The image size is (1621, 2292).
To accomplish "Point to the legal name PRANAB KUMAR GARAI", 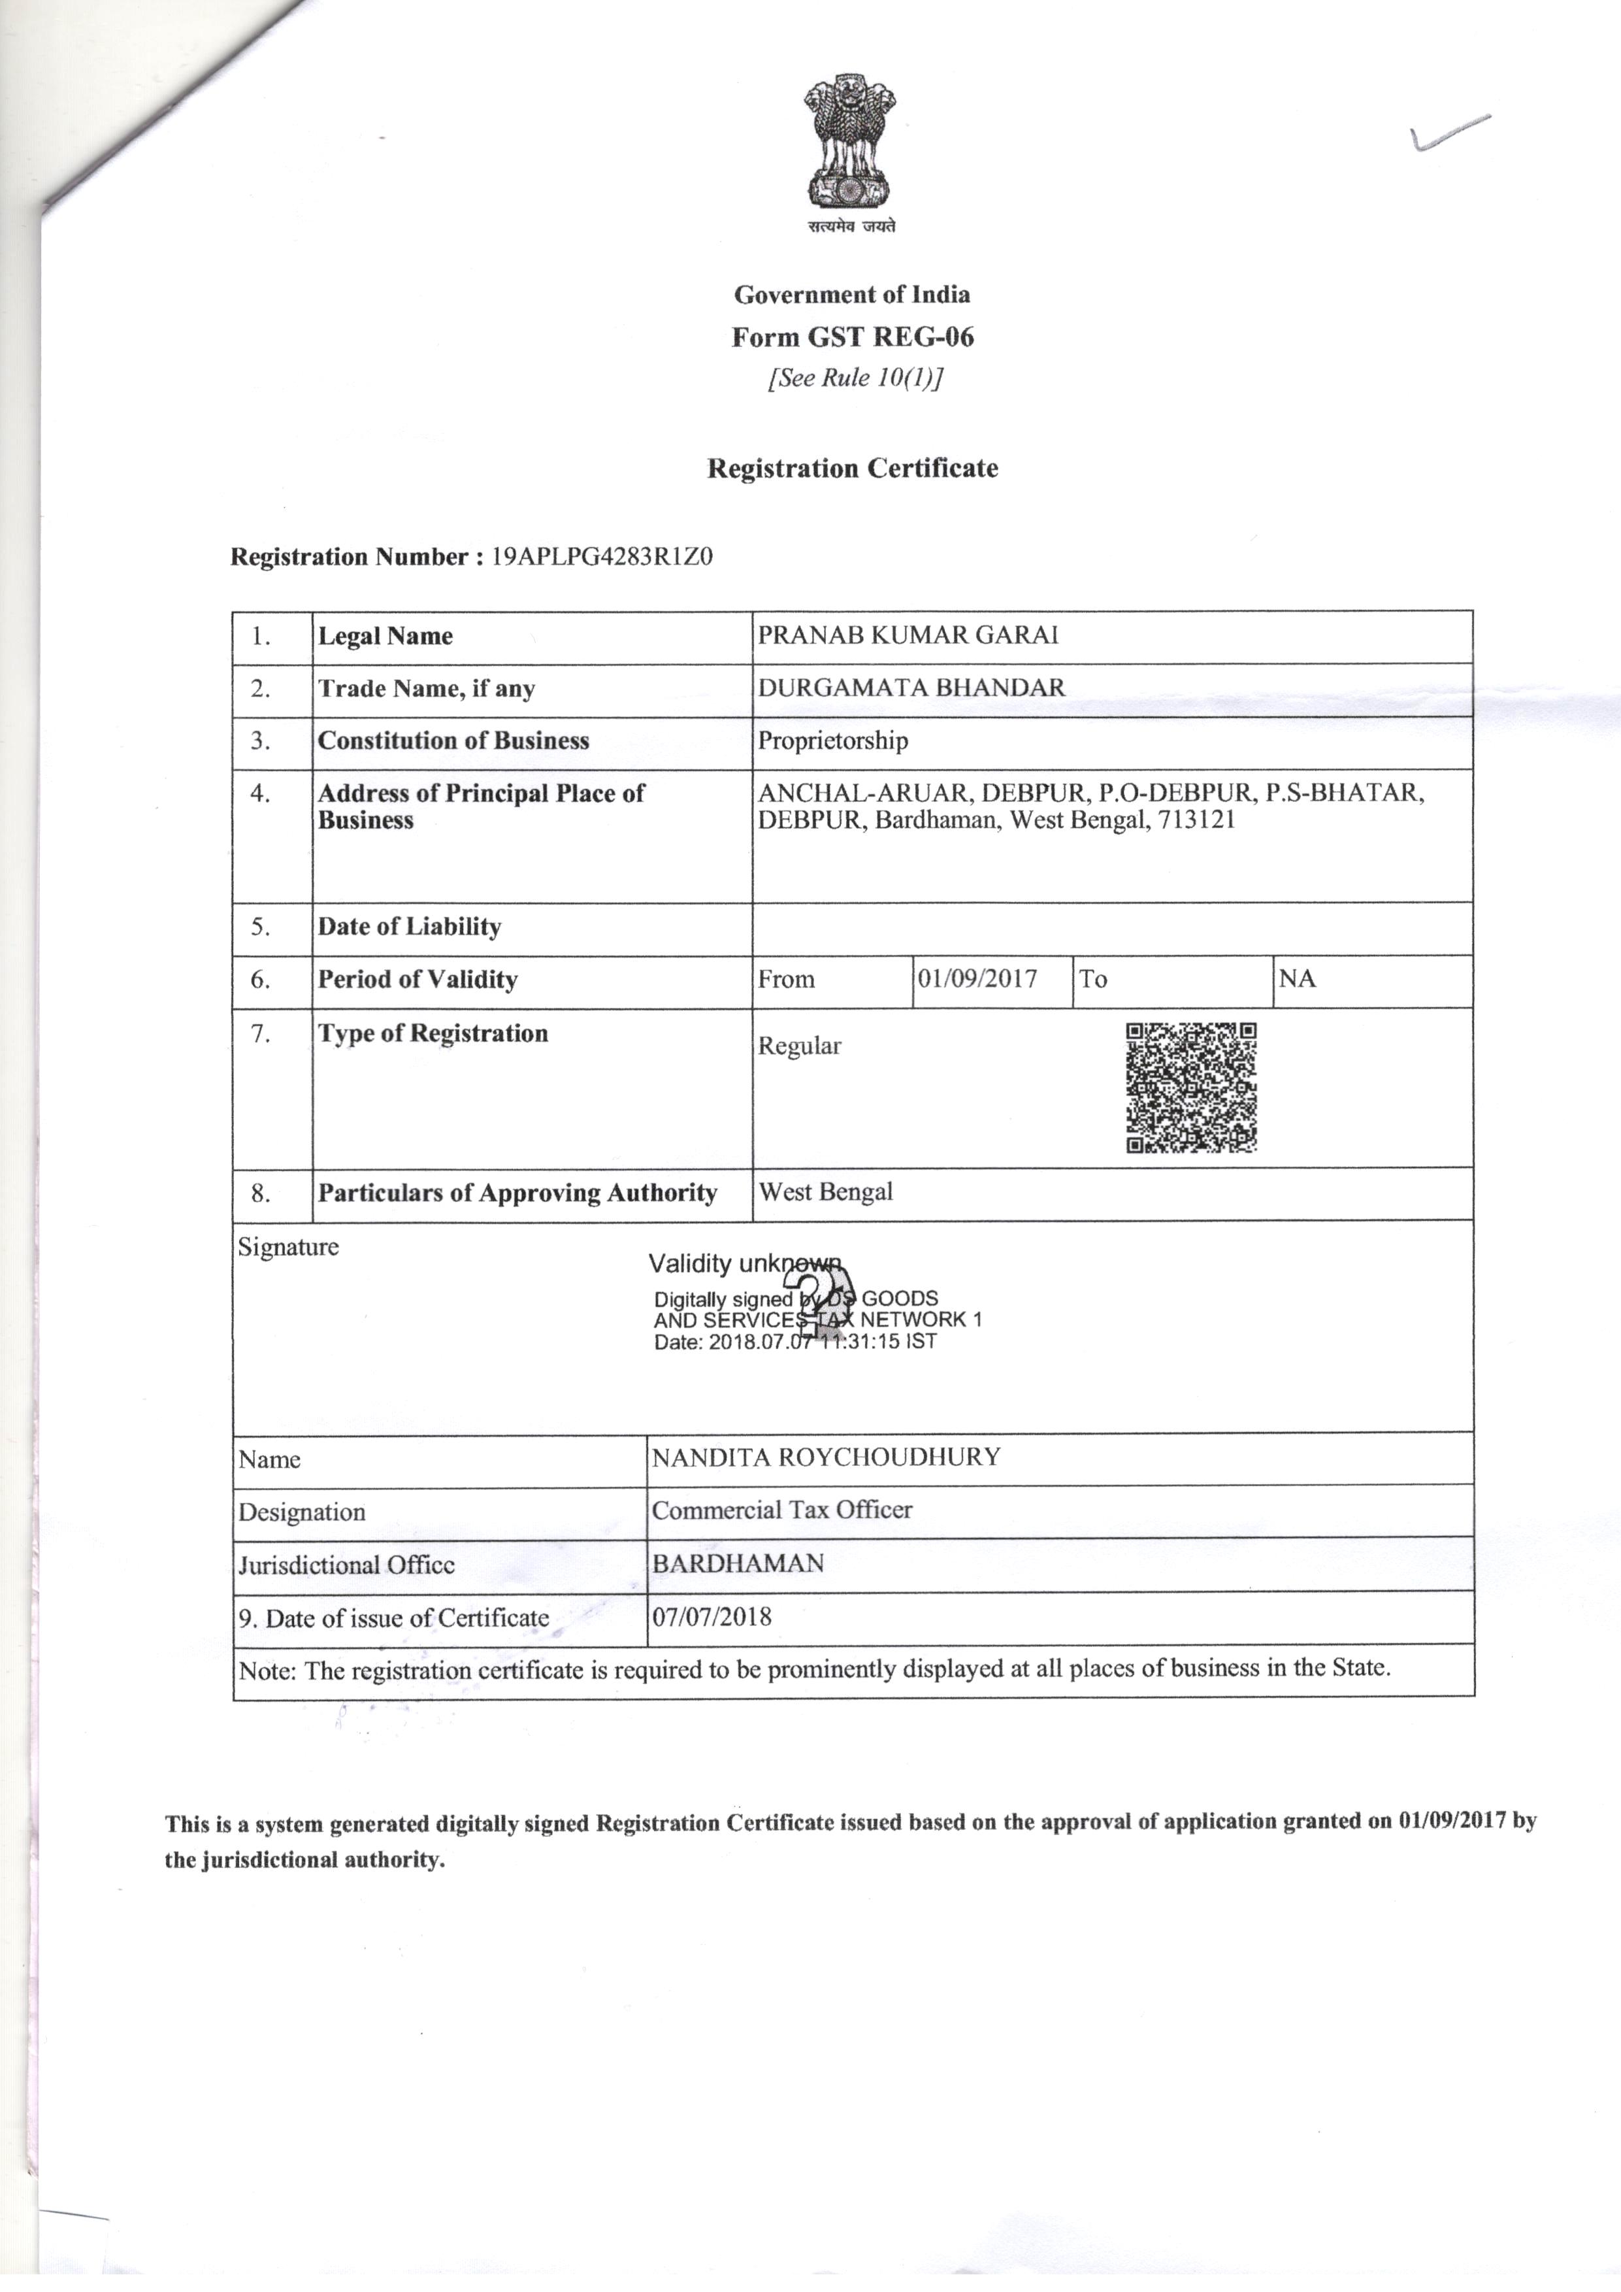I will (x=908, y=636).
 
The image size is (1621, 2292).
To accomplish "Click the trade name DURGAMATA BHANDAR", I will (x=911, y=688).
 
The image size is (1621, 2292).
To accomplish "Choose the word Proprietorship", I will (x=832, y=740).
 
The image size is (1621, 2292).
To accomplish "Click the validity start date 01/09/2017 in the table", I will (x=977, y=978).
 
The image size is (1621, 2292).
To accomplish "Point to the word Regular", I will (x=800, y=1046).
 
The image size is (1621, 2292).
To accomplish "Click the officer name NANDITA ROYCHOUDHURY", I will (x=825, y=1457).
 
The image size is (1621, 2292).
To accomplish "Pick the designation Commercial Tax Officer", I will (x=781, y=1510).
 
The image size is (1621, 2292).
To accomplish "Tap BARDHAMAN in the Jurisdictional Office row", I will (x=738, y=1563).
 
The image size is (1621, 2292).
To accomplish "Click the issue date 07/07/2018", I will (x=712, y=1616).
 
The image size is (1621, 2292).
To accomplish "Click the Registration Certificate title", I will (x=853, y=468).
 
